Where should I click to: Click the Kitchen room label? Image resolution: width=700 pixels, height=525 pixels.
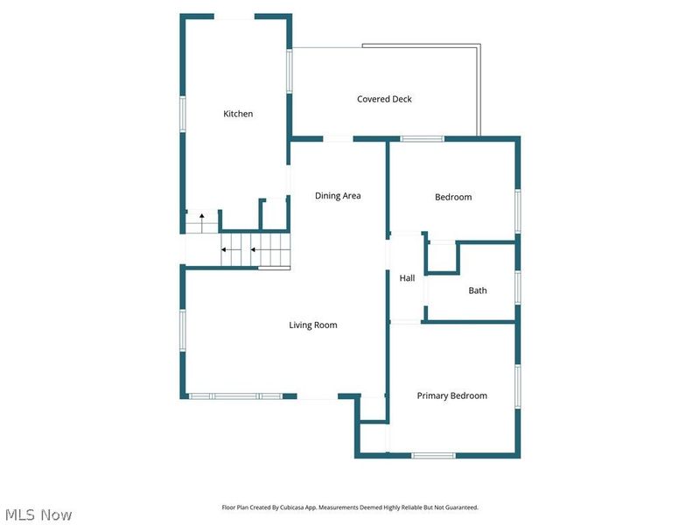pos(238,114)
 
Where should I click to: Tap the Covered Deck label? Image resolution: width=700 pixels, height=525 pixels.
pos(384,99)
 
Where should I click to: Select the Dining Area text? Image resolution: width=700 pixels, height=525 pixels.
pos(338,195)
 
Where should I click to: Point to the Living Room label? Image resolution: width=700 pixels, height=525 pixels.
pos(313,325)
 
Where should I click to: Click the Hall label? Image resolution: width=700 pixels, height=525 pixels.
pos(407,278)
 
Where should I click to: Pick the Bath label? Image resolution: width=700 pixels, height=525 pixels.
pos(478,290)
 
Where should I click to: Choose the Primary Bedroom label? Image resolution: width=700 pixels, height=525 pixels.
pos(451,395)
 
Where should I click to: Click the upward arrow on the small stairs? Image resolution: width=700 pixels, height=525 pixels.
pos(202,217)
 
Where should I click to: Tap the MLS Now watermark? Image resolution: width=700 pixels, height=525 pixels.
pos(38,514)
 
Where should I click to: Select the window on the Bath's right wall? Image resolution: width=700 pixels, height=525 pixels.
pos(518,288)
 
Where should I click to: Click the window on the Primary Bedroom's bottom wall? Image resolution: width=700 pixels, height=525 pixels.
pos(433,455)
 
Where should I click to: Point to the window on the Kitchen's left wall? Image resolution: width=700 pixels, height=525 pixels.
pos(183,114)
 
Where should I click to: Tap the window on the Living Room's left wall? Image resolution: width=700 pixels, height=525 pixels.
pos(183,331)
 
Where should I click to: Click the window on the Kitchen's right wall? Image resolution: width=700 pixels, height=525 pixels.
pos(290,71)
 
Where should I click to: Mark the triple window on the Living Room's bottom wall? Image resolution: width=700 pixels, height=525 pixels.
pos(235,396)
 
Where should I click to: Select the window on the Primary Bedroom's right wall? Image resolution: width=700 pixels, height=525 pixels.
pos(518,386)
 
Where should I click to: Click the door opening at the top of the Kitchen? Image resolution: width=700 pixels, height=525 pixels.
pos(234,17)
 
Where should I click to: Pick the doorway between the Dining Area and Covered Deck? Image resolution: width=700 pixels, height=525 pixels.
pos(338,139)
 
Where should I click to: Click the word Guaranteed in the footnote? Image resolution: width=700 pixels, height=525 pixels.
pos(465,507)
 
